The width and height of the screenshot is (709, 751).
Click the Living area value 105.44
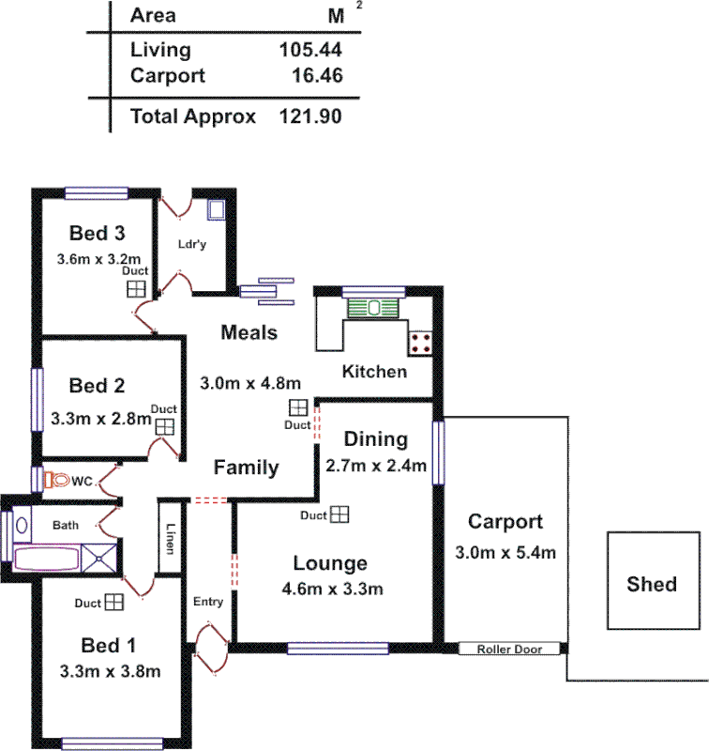[310, 51]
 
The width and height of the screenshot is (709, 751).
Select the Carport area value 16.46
[316, 75]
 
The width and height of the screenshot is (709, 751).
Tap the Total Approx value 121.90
[310, 117]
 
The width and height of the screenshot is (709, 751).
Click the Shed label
[652, 584]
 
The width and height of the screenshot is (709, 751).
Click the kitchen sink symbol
[373, 307]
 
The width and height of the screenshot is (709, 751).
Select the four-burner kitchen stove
[420, 343]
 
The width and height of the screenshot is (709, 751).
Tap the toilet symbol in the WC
[57, 480]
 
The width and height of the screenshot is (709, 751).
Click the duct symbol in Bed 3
[137, 288]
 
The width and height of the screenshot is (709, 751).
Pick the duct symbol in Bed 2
[165, 426]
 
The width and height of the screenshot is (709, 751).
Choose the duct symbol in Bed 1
[114, 602]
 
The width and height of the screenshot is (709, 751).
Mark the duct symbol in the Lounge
[339, 514]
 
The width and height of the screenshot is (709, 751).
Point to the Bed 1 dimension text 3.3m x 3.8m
[110, 671]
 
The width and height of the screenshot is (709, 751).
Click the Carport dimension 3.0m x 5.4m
[505, 552]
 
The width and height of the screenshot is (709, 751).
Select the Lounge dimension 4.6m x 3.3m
[332, 590]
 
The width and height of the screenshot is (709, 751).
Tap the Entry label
[207, 602]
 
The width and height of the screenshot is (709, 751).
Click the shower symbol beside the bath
[99, 558]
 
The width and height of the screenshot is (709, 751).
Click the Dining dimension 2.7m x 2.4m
[376, 466]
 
